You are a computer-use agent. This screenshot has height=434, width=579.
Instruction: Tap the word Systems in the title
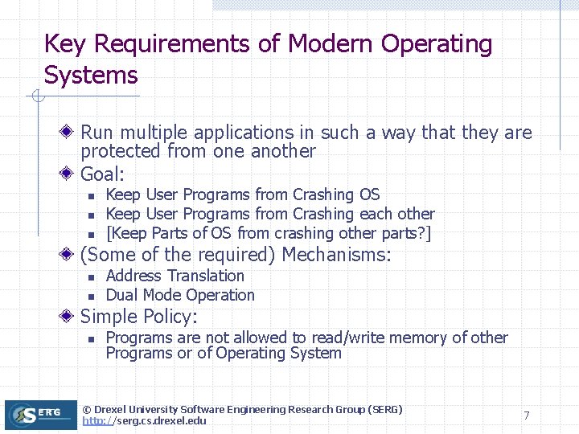point(91,76)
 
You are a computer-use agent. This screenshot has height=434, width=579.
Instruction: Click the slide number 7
point(526,416)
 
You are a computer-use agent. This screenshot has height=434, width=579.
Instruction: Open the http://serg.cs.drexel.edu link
point(144,420)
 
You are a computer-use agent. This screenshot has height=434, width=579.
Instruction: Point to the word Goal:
point(104,174)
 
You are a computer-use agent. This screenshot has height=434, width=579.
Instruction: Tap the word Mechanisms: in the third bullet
point(337,256)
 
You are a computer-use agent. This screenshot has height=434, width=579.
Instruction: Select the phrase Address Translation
point(175,276)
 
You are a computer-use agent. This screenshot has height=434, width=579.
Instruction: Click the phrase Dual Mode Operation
point(180,295)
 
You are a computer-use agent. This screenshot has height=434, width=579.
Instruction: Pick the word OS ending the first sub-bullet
point(370,194)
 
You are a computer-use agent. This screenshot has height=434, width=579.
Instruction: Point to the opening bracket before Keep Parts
point(109,233)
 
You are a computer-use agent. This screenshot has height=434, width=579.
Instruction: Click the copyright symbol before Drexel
point(88,410)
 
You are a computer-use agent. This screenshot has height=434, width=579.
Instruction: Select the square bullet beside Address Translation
point(92,276)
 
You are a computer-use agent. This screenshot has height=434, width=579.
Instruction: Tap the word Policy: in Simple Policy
point(170,317)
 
